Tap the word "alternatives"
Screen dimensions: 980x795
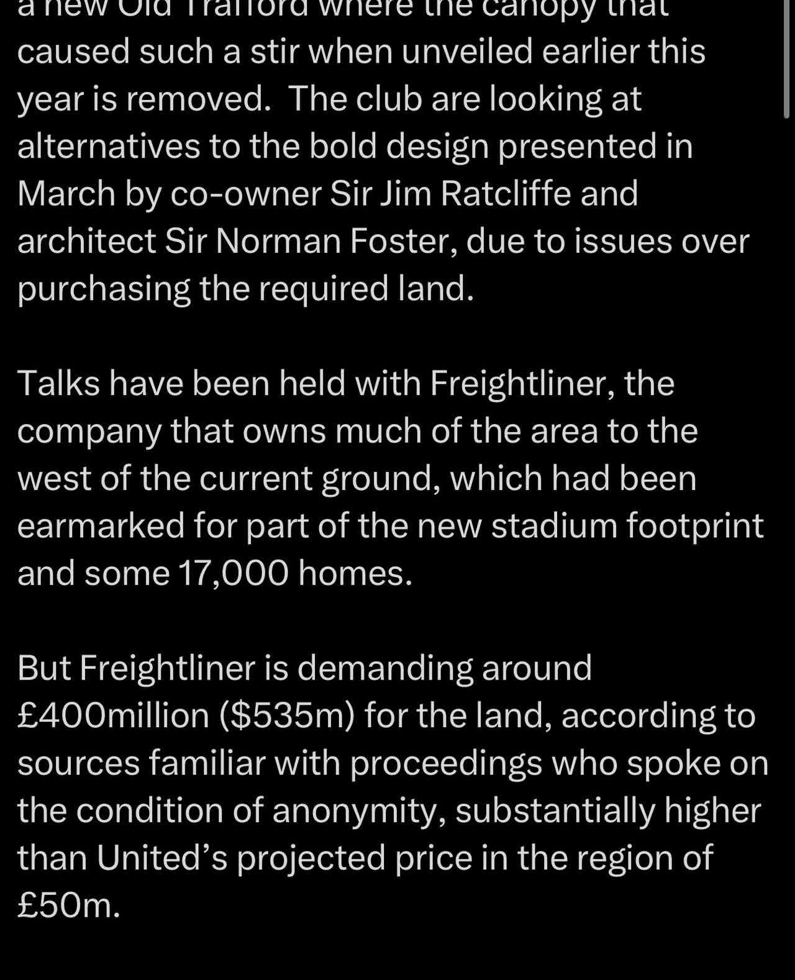coord(109,146)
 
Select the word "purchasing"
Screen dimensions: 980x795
coord(103,289)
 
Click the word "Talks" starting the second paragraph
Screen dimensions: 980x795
coord(58,383)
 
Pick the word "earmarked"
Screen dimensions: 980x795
coord(101,525)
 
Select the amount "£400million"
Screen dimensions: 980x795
coord(113,715)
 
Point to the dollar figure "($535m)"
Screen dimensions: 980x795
coord(287,715)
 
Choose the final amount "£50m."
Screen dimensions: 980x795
coord(68,906)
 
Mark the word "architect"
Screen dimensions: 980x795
coord(86,241)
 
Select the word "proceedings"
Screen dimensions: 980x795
coord(446,763)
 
